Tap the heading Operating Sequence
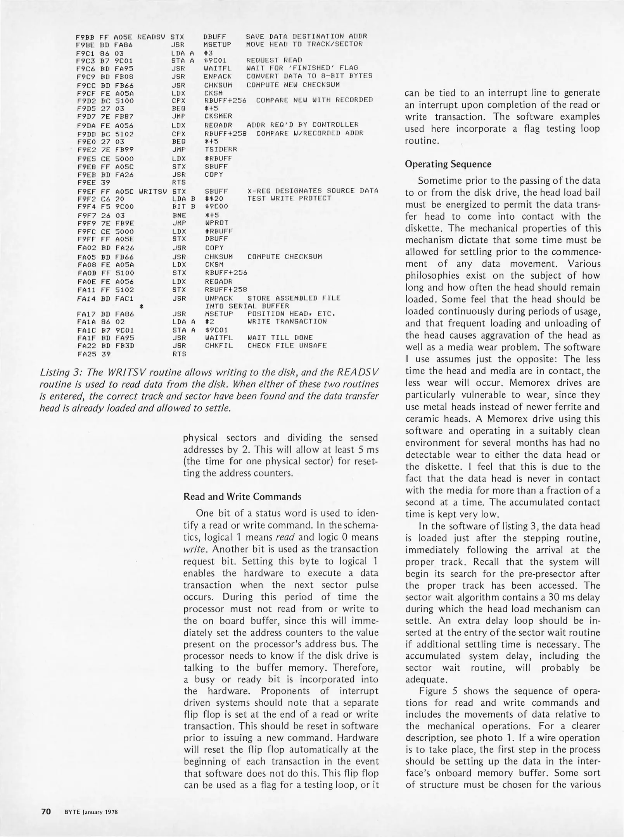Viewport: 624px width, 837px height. (x=448, y=164)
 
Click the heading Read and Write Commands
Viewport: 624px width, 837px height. (x=242, y=496)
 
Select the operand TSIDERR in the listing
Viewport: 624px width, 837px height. (x=221, y=149)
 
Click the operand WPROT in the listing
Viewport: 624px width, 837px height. (x=216, y=223)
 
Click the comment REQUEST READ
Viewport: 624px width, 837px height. (x=274, y=60)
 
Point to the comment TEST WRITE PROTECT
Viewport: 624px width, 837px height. (x=289, y=198)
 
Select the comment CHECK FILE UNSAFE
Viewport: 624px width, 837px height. (x=287, y=345)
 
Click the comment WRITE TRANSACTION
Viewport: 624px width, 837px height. (x=287, y=321)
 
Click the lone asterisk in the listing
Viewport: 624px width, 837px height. (x=142, y=306)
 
